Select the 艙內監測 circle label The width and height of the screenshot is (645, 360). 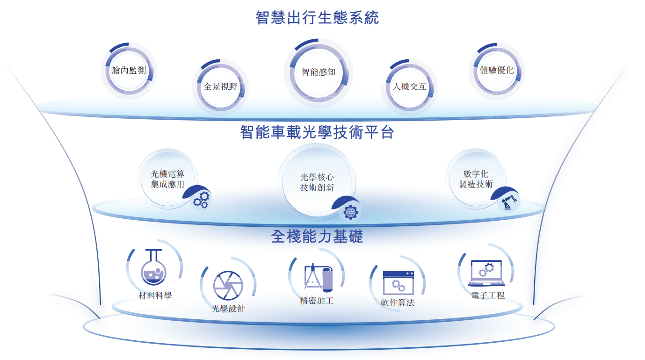coord(129,71)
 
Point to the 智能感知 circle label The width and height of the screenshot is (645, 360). coord(319,72)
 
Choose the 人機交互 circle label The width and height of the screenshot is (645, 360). coord(409,86)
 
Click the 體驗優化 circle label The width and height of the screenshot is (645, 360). coord(497,71)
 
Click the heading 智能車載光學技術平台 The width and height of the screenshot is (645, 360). coord(317,132)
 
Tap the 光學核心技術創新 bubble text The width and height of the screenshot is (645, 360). coord(317,183)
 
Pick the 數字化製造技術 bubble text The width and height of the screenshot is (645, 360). coord(476,179)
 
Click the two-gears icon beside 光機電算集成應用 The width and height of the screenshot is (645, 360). coord(201,200)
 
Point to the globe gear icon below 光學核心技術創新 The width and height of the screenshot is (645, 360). coord(349,212)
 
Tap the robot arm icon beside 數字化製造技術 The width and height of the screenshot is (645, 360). coord(507,202)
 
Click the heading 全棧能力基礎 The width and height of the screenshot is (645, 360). coord(317,237)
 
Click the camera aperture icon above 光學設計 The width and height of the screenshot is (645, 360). coord(228,285)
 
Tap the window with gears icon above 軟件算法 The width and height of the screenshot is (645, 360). coord(398,282)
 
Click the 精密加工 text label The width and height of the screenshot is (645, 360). coord(317,301)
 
